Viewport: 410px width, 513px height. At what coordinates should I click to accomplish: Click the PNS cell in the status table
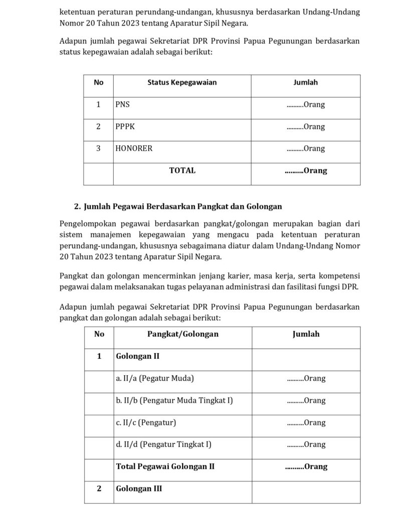point(122,105)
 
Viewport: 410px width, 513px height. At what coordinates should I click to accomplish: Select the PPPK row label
point(125,127)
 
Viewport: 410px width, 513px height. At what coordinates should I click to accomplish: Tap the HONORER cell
point(134,149)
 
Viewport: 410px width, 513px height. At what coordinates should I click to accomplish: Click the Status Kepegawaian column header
point(182,83)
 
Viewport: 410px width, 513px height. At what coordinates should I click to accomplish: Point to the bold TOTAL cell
point(182,171)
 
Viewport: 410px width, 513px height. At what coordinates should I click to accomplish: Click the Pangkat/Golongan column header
point(182,334)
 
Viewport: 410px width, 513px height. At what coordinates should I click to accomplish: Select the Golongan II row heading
point(137,356)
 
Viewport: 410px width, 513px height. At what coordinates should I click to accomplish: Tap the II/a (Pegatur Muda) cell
point(155,378)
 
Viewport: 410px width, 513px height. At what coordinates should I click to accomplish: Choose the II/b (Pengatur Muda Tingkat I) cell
point(174,400)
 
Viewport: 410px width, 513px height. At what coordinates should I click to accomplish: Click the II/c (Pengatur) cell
point(146,422)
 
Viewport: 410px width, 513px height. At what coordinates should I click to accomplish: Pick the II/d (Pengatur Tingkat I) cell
point(163,444)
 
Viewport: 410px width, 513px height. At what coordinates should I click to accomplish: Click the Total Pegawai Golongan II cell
point(165,466)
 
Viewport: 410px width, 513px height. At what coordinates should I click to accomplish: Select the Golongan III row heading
point(139,488)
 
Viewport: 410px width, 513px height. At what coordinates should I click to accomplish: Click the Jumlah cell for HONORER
point(306,149)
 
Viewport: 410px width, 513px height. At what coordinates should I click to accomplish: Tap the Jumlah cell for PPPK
point(306,127)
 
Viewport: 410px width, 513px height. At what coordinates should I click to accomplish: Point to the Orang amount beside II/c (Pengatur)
point(306,422)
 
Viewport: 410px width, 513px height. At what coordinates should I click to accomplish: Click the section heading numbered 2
point(178,206)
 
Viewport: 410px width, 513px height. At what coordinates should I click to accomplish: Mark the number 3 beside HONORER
point(98,149)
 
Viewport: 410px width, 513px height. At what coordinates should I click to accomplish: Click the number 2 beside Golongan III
point(99,488)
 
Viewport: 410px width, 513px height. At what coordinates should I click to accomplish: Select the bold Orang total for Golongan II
point(306,466)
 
